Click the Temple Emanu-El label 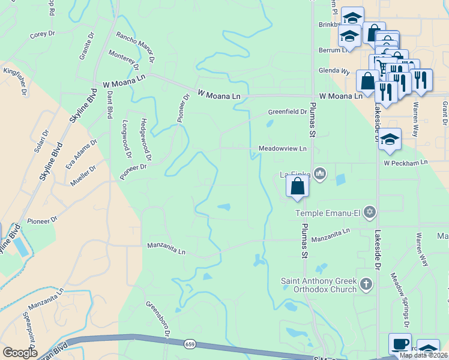[x=330, y=212]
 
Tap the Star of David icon [x=370, y=212]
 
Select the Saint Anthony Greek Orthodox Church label [x=318, y=285]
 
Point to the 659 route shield [x=190, y=344]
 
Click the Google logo [x=20, y=353]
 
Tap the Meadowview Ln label [x=282, y=148]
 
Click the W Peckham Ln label [x=405, y=163]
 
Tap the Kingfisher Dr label [x=15, y=81]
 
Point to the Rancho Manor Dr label [x=136, y=48]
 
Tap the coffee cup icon [x=400, y=344]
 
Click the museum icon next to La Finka [x=319, y=174]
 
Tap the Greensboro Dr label [x=159, y=317]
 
